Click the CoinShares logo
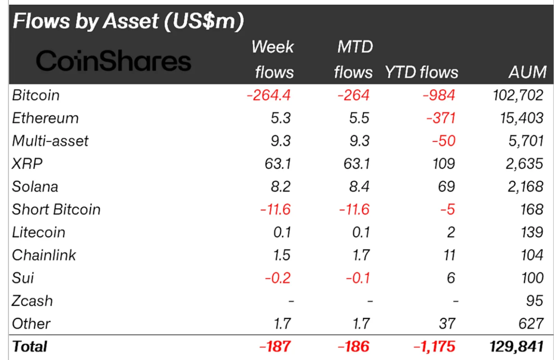point(113,61)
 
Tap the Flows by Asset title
point(128,22)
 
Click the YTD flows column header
point(422,72)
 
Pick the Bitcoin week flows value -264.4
point(269,95)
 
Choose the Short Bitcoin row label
point(56,209)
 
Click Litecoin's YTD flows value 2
point(450,232)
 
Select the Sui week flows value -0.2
point(277,277)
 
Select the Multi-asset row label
point(50,141)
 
